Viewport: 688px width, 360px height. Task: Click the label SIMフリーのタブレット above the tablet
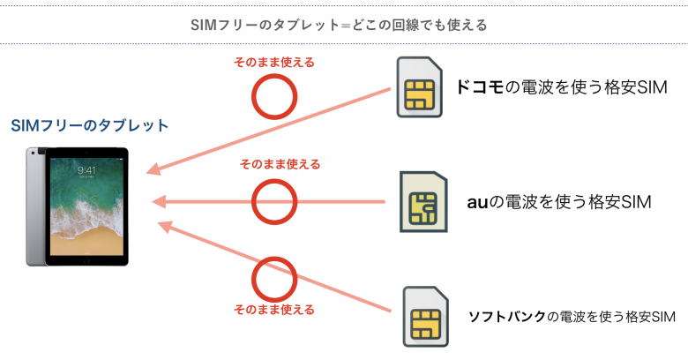click(89, 126)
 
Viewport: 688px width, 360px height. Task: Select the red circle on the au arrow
click(275, 202)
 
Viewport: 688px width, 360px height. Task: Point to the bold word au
click(476, 202)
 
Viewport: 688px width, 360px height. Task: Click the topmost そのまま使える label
click(273, 63)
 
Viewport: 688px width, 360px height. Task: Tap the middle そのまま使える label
click(280, 164)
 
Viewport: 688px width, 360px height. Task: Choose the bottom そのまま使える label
click(273, 311)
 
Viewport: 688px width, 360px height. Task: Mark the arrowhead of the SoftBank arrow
click(162, 226)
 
